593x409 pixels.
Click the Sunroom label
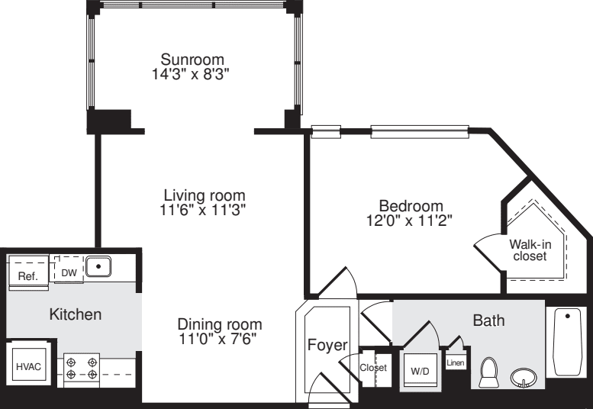click(x=192, y=60)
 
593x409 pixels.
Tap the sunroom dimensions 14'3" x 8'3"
click(x=192, y=74)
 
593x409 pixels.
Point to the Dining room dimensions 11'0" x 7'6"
click(x=219, y=338)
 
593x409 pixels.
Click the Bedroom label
click(x=411, y=206)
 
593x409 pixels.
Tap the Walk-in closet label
click(x=529, y=250)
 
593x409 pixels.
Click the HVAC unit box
click(x=29, y=366)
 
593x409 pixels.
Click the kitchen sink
click(x=98, y=267)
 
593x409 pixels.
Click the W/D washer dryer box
click(x=420, y=369)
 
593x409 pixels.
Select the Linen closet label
click(x=456, y=363)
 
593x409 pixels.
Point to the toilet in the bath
click(x=488, y=372)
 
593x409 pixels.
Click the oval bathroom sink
click(x=524, y=377)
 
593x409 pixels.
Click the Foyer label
click(x=327, y=345)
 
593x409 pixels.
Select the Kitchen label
click(x=75, y=314)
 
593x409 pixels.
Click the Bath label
click(x=488, y=320)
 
